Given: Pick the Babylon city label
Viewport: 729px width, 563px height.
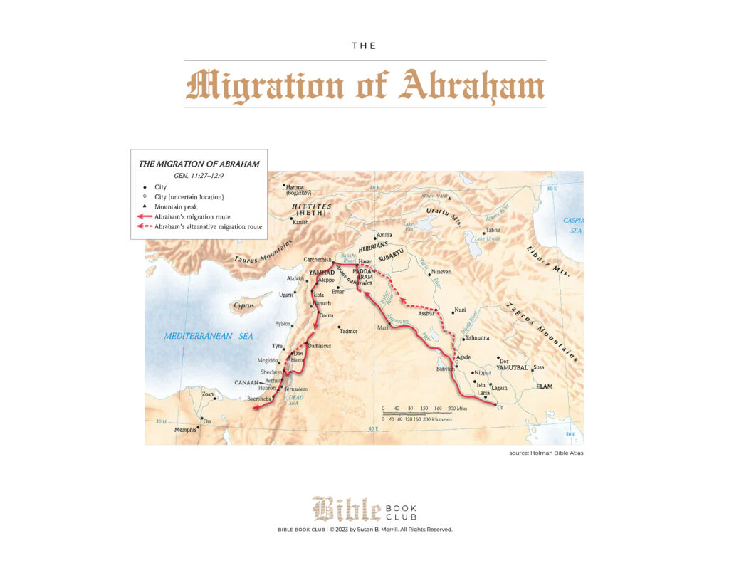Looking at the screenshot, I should pyautogui.click(x=445, y=369).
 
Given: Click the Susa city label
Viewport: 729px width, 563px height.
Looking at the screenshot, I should pyautogui.click(x=539, y=367).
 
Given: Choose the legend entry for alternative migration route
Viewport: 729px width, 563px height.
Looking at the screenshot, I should pyautogui.click(x=208, y=226).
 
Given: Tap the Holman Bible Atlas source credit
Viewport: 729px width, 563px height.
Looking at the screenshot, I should pyautogui.click(x=546, y=453).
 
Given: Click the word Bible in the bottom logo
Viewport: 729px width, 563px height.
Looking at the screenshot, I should pyautogui.click(x=346, y=510).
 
